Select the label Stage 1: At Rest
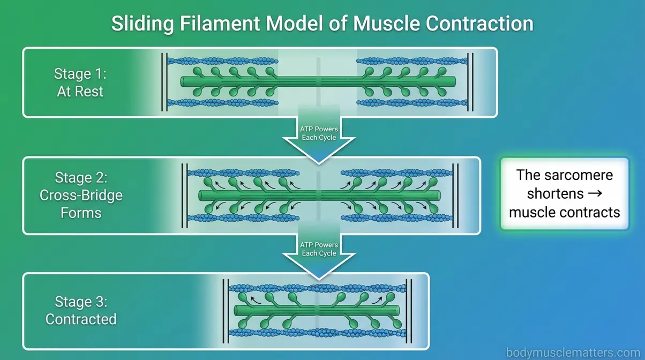coord(80,82)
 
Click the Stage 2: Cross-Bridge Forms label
coord(81,195)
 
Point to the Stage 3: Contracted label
coord(81,310)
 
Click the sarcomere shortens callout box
coord(564,193)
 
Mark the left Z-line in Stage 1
coord(164,82)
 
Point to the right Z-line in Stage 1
coord(470,82)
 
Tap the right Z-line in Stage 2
coord(455,195)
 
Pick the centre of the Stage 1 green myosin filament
coord(318,82)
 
